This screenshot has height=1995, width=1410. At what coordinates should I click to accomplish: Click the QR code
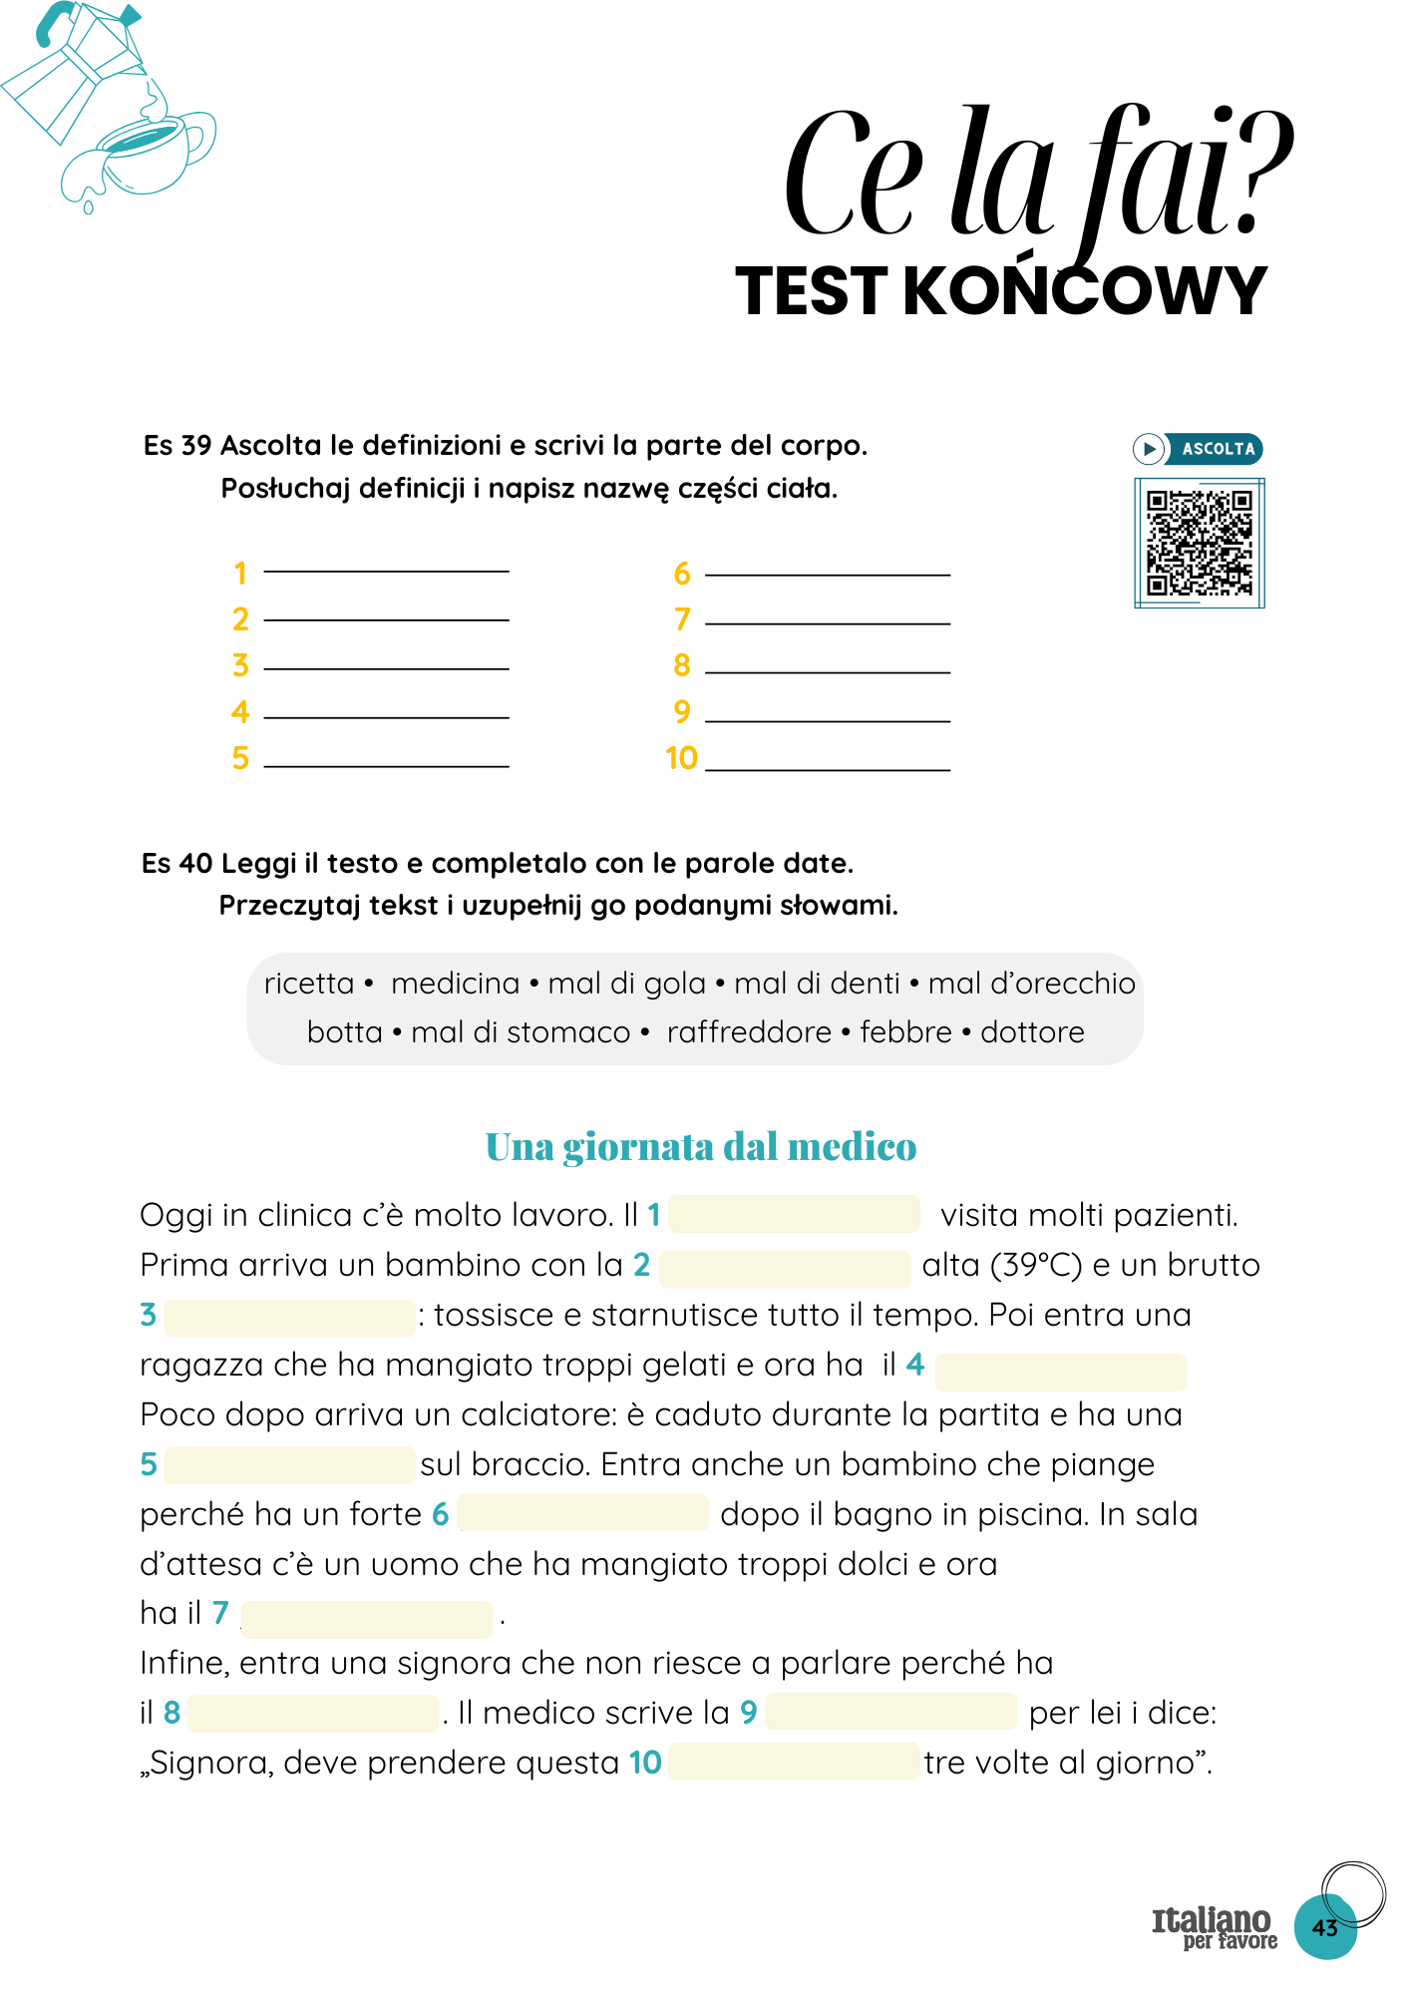[1199, 543]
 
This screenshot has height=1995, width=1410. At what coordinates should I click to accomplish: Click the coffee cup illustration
[150, 150]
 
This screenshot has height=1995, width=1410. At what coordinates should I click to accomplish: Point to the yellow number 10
[681, 758]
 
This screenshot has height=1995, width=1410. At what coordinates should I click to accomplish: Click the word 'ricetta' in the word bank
[308, 984]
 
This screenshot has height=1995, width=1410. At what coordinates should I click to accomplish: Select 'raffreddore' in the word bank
[749, 1031]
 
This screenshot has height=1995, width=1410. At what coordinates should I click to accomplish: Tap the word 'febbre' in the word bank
[905, 1031]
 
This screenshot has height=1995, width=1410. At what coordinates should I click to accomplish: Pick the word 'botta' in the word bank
[344, 1031]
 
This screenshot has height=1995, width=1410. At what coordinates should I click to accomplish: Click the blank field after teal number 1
[794, 1214]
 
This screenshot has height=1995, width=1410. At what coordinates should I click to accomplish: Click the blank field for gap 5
[289, 1464]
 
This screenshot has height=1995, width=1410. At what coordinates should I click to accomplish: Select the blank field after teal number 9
[891, 1712]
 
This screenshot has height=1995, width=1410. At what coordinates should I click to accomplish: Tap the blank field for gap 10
[794, 1762]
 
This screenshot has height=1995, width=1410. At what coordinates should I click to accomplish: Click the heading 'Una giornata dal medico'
[700, 1147]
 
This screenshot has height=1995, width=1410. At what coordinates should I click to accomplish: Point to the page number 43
[1324, 1927]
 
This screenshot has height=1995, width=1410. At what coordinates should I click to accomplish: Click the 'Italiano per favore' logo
[1214, 1927]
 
